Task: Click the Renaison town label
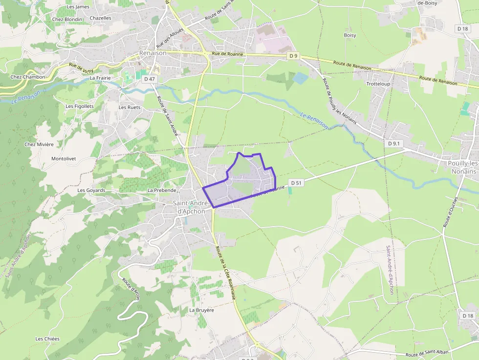click(x=152, y=53)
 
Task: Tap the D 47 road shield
click(x=149, y=79)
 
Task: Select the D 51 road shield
click(x=295, y=183)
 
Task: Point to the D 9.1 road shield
click(x=394, y=144)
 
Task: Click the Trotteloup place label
click(x=378, y=84)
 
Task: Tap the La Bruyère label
click(x=201, y=310)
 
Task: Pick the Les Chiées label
click(x=47, y=339)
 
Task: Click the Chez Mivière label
click(x=39, y=145)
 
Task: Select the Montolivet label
click(x=67, y=159)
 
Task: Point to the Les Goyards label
click(x=91, y=191)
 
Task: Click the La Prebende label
click(x=161, y=190)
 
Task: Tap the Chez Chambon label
click(x=28, y=77)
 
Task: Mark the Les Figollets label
click(x=80, y=106)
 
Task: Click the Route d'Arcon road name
click(x=131, y=289)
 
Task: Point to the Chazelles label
click(x=101, y=18)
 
